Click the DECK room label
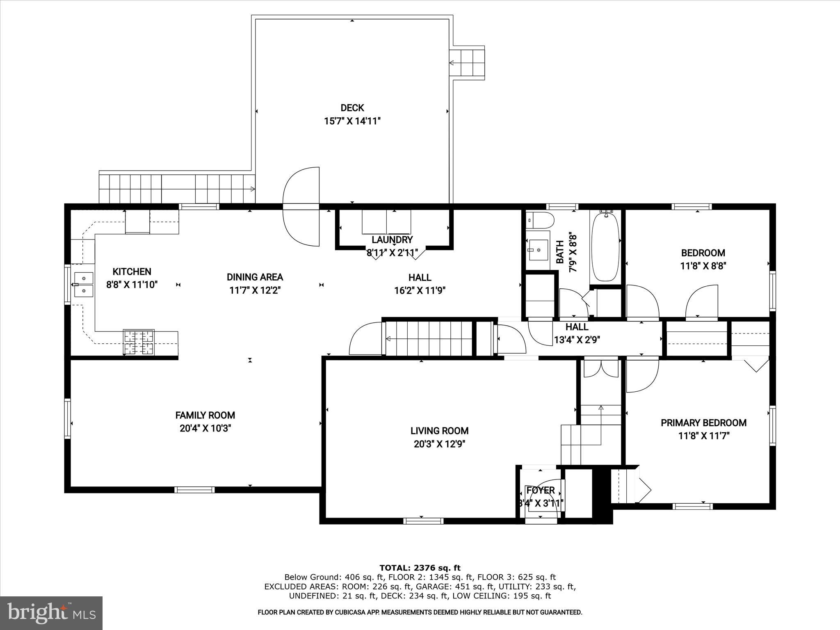[x=352, y=108]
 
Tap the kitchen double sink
[x=84, y=284]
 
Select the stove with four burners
[x=139, y=342]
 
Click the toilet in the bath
[x=539, y=220]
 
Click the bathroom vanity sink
[x=537, y=250]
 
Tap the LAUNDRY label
[x=392, y=240]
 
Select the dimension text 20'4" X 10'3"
[x=205, y=428]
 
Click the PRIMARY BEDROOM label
[x=703, y=422]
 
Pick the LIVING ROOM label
[x=439, y=431]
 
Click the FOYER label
[x=540, y=490]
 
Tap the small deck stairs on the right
[x=467, y=63]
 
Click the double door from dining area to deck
[x=301, y=207]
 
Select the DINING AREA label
[x=255, y=277]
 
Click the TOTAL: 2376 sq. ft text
[x=420, y=568]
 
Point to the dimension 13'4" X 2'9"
[x=577, y=340]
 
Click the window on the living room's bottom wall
[x=423, y=521]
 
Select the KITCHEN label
[x=132, y=271]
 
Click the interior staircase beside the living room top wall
[x=429, y=338]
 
